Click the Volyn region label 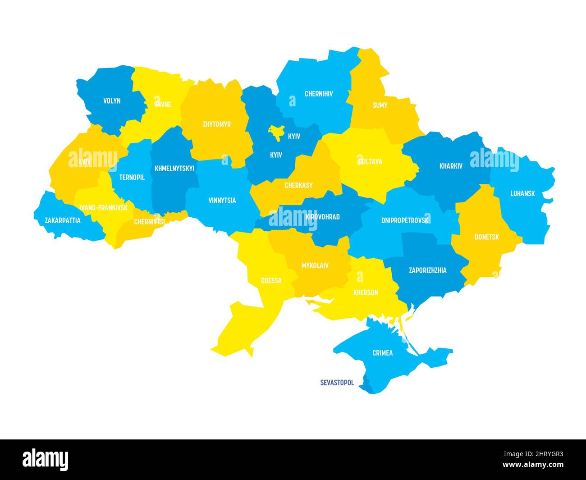(112, 101)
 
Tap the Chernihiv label (319, 94)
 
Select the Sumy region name (380, 105)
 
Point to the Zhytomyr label (216, 124)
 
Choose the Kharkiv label (451, 166)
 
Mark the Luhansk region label (522, 193)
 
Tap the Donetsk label (486, 237)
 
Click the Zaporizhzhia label (427, 270)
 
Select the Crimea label (382, 353)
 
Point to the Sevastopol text (337, 383)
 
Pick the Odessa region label (271, 281)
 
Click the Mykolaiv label (315, 265)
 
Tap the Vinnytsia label (222, 201)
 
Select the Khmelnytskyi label (174, 169)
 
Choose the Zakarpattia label (63, 220)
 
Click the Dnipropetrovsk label (405, 220)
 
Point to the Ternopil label (132, 178)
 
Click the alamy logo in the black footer (46, 459)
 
